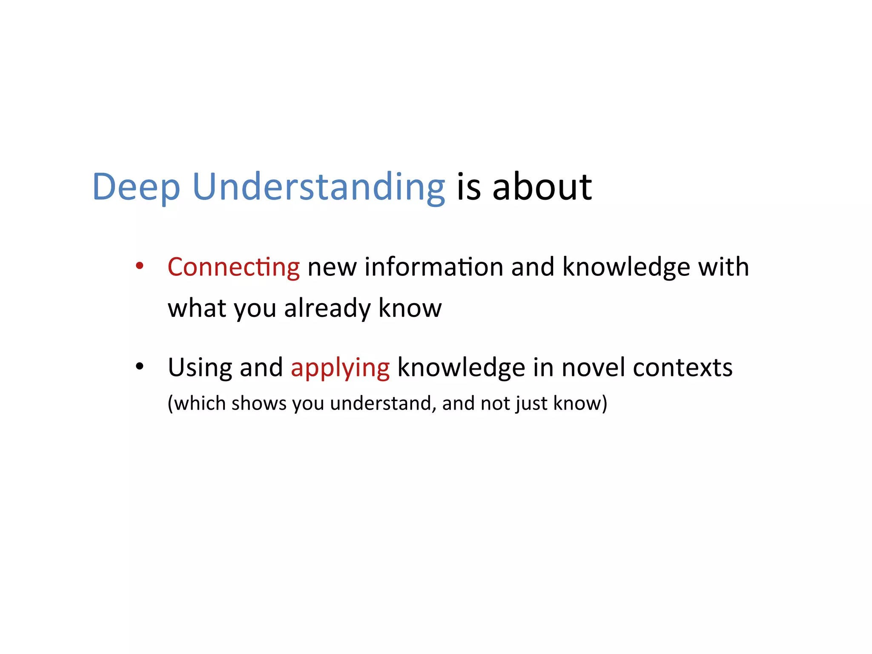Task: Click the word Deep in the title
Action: tap(136, 187)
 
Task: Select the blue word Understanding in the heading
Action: tap(318, 187)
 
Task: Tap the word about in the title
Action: tap(542, 187)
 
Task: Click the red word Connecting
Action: tap(233, 267)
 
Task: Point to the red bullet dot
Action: tap(139, 266)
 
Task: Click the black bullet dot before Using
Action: tap(139, 367)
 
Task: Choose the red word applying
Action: tap(340, 368)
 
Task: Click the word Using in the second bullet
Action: tap(200, 367)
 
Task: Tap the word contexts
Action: tap(682, 367)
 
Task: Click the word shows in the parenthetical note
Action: tap(259, 403)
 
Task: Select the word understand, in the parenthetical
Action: tap(383, 403)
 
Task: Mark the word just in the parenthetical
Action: tap(531, 403)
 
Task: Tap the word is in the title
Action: tap(468, 187)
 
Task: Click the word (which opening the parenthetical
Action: tap(196, 403)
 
